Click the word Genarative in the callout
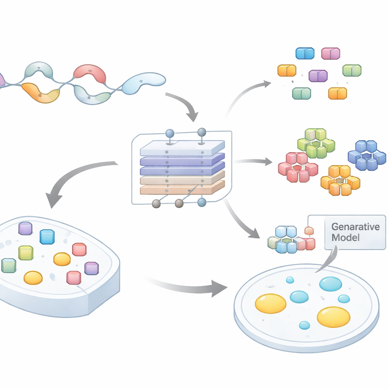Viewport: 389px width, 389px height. pyautogui.click(x=355, y=227)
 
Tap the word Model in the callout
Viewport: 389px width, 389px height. pyautogui.click(x=345, y=238)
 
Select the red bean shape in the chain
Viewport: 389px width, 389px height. pyautogui.click(x=90, y=73)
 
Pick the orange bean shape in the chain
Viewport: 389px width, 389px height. pyautogui.click(x=40, y=93)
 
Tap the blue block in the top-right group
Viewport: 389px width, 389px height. pyautogui.click(x=305, y=54)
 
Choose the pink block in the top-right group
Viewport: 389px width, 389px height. pyautogui.click(x=330, y=54)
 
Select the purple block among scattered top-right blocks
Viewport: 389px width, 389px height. pyautogui.click(x=318, y=76)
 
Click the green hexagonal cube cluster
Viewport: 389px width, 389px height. pyautogui.click(x=316, y=143)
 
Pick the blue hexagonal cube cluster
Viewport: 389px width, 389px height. pyautogui.click(x=367, y=155)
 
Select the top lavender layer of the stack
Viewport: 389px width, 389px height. pyautogui.click(x=182, y=148)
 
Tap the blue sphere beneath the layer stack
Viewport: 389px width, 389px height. pyautogui.click(x=202, y=202)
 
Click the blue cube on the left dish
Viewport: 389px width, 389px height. pyautogui.click(x=47, y=237)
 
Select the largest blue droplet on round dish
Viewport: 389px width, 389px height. pyautogui.click(x=330, y=284)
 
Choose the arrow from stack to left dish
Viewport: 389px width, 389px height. pyautogui.click(x=76, y=179)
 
